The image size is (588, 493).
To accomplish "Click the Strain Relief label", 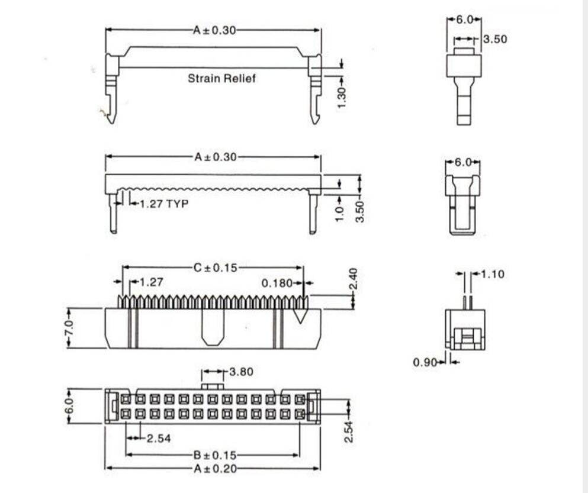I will pyautogui.click(x=222, y=78).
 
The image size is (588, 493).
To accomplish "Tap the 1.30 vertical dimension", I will pyautogui.click(x=342, y=96).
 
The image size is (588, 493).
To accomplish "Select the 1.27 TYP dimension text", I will pyautogui.click(x=163, y=204).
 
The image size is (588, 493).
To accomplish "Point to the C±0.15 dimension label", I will pyautogui.click(x=214, y=268).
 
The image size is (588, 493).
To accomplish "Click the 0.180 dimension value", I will pyautogui.click(x=277, y=283).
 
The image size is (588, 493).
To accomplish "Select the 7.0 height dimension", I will pyautogui.click(x=69, y=327).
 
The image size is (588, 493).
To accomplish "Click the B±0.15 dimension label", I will pyautogui.click(x=214, y=455).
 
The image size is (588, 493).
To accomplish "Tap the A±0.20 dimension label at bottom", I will pyautogui.click(x=214, y=468).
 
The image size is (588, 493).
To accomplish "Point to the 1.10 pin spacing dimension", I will pyautogui.click(x=493, y=275).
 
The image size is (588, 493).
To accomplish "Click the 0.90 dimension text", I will pyautogui.click(x=425, y=362).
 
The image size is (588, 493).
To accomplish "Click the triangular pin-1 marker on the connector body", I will pyautogui.click(x=301, y=315).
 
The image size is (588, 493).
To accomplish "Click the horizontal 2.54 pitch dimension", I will pyautogui.click(x=159, y=438).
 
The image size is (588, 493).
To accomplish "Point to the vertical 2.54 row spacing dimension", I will pyautogui.click(x=349, y=431).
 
